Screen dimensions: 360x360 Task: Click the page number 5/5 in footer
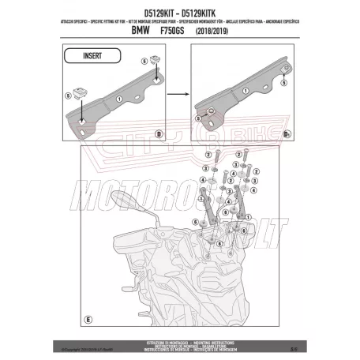(292, 346)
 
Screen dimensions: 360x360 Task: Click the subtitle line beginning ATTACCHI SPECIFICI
(180, 21)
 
